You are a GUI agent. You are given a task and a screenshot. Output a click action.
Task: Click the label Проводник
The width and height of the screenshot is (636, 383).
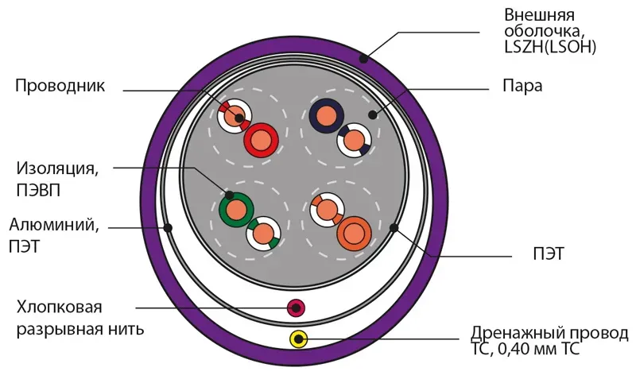(x=60, y=86)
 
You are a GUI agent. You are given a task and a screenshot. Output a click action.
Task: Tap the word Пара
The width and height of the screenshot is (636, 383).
(x=522, y=86)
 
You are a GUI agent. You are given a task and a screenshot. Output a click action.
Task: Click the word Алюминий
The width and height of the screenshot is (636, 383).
(x=54, y=224)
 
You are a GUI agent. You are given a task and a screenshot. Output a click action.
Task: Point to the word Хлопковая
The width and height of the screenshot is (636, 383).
(x=60, y=308)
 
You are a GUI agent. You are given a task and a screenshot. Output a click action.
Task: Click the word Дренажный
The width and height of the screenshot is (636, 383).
(x=517, y=332)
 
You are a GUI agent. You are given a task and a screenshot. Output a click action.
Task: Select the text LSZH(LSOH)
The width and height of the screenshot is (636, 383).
(x=550, y=48)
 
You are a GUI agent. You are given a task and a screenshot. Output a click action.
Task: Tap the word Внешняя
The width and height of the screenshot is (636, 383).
(x=539, y=14)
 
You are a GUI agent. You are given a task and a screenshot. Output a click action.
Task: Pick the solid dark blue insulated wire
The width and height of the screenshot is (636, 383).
(x=327, y=118)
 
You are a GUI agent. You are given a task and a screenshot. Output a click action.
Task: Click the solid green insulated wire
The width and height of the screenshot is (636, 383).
(x=236, y=210)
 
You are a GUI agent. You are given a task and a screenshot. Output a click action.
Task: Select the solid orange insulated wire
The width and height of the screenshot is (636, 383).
(x=354, y=234)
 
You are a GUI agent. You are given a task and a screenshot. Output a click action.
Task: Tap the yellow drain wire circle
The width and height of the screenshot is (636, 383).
(x=298, y=340)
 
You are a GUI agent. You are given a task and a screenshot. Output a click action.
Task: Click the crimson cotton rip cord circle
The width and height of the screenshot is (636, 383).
(x=296, y=308)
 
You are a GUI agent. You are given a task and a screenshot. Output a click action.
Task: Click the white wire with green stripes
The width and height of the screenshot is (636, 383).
(x=262, y=234)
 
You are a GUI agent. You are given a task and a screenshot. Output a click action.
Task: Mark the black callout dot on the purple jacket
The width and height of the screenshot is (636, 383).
(x=363, y=57)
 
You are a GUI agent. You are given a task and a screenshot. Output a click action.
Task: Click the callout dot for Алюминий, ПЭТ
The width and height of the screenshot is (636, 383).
(x=168, y=228)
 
